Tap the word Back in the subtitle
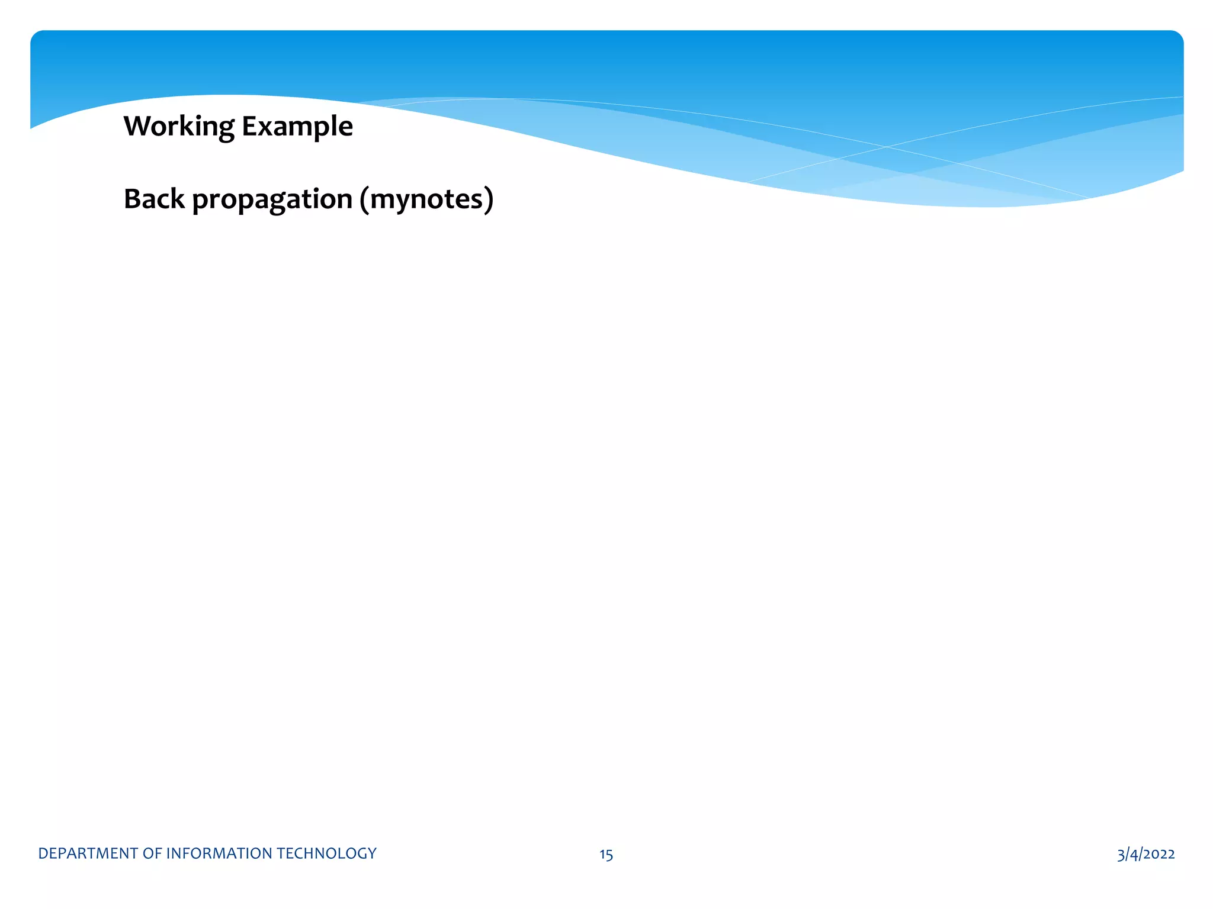[154, 199]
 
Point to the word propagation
[272, 200]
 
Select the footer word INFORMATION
[219, 853]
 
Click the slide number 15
[606, 855]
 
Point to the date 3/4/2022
[1145, 854]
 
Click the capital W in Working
[137, 126]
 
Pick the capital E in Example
[248, 126]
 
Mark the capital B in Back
[132, 199]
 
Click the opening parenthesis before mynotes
[364, 200]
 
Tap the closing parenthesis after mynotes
[489, 200]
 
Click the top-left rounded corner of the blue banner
[36, 36]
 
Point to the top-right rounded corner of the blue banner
[1177, 36]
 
